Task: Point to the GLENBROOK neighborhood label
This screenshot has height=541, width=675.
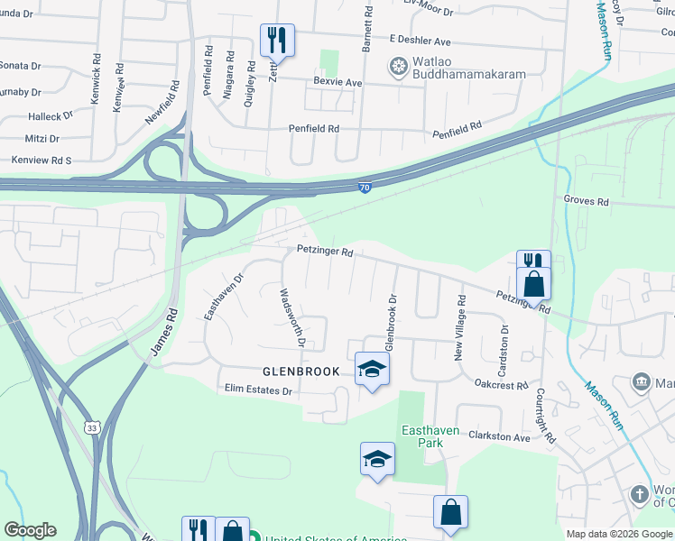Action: click(301, 371)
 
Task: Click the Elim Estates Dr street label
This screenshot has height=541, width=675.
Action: click(260, 390)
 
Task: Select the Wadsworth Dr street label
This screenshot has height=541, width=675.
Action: click(292, 318)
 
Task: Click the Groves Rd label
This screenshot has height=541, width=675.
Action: click(587, 200)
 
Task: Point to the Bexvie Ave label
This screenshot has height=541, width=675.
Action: click(337, 82)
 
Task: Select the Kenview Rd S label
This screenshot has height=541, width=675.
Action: click(41, 160)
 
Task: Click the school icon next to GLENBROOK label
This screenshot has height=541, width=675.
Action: click(372, 368)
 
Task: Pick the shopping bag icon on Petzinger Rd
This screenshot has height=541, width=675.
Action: click(534, 284)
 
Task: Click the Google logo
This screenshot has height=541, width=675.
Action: click(30, 530)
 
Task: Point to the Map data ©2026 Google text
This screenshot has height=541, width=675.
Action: click(619, 534)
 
